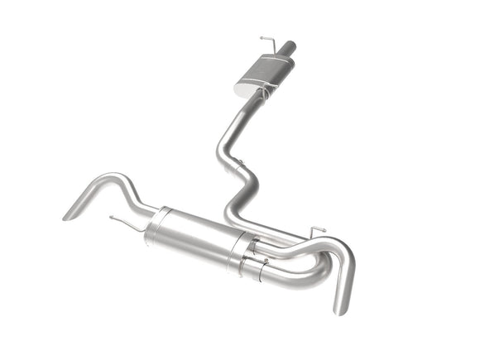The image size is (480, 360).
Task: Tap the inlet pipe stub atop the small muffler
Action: (x=287, y=50)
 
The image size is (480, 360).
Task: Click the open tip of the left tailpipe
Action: (x=67, y=217)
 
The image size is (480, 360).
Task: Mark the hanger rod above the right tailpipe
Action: (x=317, y=228)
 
